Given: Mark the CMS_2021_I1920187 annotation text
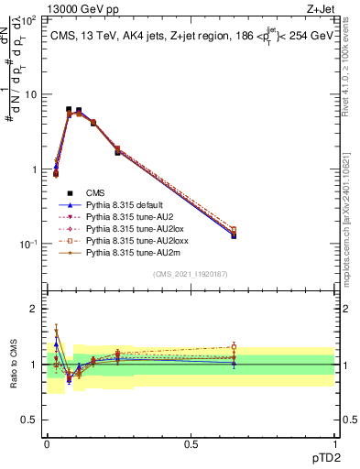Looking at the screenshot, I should (x=191, y=275).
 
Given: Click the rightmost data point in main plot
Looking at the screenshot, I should (x=234, y=234).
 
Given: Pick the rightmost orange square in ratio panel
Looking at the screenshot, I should (x=234, y=346).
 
